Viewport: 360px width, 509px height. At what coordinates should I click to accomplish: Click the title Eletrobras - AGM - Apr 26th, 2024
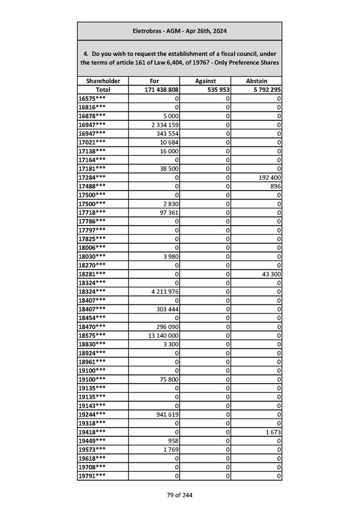click(179, 31)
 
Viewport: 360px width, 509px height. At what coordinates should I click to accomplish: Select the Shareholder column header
click(103, 81)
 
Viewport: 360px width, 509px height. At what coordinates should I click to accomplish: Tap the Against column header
click(205, 81)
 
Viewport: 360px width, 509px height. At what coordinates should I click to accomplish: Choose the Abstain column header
click(256, 81)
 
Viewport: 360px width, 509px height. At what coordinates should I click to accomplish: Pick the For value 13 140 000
click(162, 335)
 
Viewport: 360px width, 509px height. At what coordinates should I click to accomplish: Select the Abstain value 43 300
click(271, 273)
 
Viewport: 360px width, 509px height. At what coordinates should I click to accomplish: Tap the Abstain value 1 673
click(273, 432)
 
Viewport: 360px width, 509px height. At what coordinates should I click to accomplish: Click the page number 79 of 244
click(180, 495)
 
